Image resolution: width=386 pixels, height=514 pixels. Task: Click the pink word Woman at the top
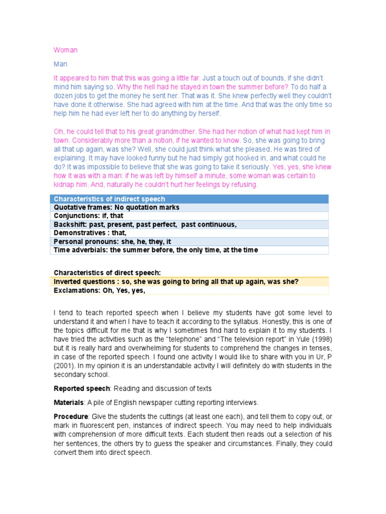click(65, 50)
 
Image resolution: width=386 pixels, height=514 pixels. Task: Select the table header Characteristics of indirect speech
click(109, 199)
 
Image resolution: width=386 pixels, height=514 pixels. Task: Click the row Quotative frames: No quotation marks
click(116, 207)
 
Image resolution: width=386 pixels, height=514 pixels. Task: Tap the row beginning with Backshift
click(145, 224)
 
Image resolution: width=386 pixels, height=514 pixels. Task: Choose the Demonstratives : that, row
click(90, 233)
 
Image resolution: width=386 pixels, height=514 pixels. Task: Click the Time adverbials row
click(155, 250)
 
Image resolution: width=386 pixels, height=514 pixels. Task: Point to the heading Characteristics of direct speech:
click(107, 273)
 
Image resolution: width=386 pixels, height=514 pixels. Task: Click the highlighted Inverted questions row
click(176, 282)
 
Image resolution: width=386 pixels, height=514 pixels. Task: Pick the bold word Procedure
click(70, 417)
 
